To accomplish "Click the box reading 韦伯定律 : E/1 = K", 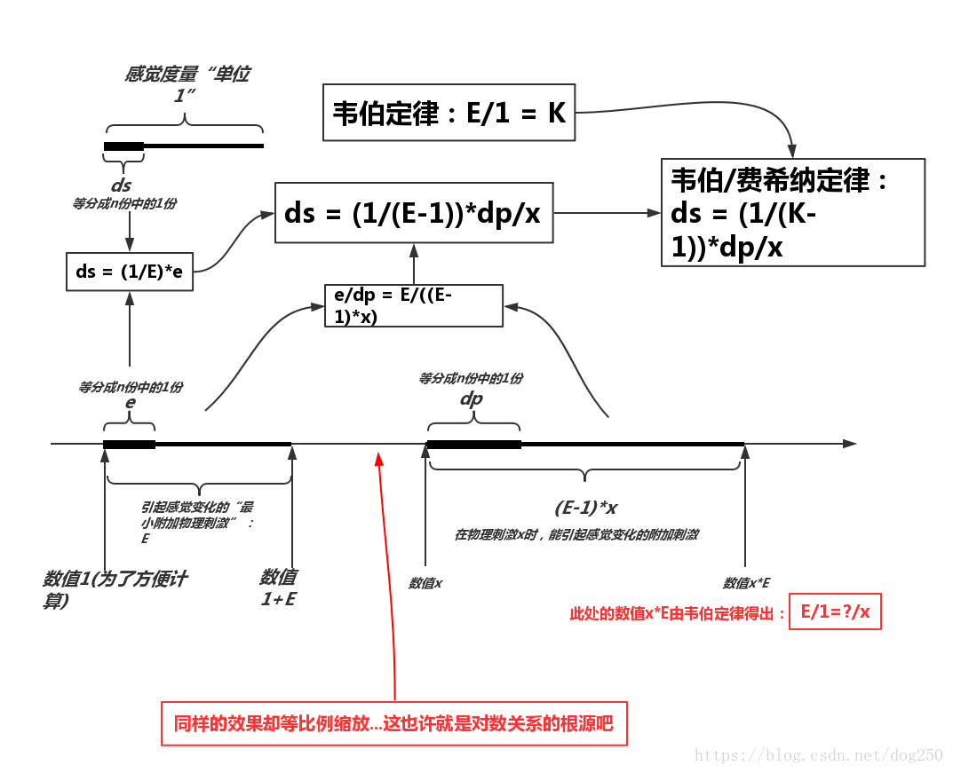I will click(449, 113).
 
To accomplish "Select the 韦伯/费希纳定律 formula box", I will click(793, 212).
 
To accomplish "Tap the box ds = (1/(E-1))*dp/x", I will click(413, 213).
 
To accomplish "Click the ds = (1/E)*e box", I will click(130, 272).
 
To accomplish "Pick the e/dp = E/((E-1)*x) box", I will click(414, 306).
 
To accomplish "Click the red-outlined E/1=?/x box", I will click(835, 611).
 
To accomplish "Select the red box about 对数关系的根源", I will click(394, 723).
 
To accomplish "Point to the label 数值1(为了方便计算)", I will click(115, 588).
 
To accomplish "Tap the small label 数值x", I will click(425, 583).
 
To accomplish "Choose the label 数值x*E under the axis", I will click(746, 583).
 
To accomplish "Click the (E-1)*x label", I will click(585, 509).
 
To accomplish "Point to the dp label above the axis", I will click(472, 398).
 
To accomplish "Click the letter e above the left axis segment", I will click(130, 402).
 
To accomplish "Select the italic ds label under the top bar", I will click(121, 185).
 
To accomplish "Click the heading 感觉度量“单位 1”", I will click(187, 83).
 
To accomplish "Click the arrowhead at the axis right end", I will click(850, 443).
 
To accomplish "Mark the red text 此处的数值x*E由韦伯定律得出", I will click(678, 613).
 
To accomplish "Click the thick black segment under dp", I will click(473, 443).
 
